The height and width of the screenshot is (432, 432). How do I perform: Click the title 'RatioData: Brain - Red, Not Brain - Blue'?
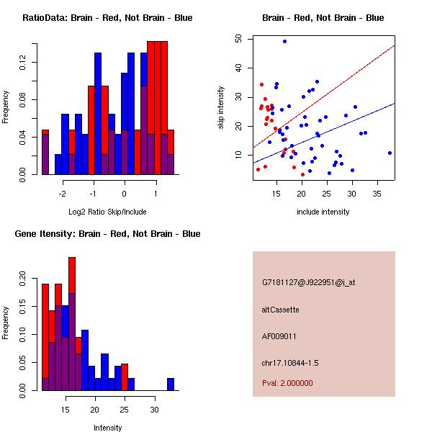[x=107, y=18]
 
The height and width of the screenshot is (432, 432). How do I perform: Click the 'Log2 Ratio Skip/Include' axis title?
[x=107, y=212]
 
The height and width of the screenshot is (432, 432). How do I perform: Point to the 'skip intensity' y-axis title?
[x=221, y=108]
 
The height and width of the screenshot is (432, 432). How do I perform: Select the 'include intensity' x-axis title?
[x=324, y=212]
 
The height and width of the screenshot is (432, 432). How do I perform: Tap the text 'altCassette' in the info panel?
[x=281, y=310]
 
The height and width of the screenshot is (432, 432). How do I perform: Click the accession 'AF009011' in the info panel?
[x=279, y=336]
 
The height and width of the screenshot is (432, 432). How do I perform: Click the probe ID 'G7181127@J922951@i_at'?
[x=308, y=282]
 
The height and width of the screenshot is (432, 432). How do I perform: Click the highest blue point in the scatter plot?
[x=285, y=42]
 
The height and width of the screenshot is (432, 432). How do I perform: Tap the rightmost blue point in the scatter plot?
[x=390, y=153]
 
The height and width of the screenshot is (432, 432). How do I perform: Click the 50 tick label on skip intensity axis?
[x=238, y=39]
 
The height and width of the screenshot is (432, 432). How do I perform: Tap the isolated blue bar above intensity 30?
[x=171, y=384]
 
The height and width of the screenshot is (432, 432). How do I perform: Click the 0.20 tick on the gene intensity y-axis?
[x=22, y=278]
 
